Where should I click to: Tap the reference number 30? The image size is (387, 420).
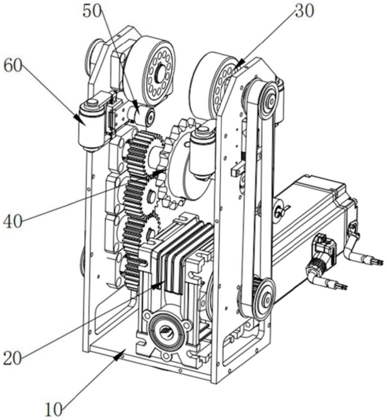click(305, 12)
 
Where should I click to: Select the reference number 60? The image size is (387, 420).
click(13, 66)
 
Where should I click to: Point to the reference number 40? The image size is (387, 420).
click(13, 222)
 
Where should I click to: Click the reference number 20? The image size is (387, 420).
click(13, 358)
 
